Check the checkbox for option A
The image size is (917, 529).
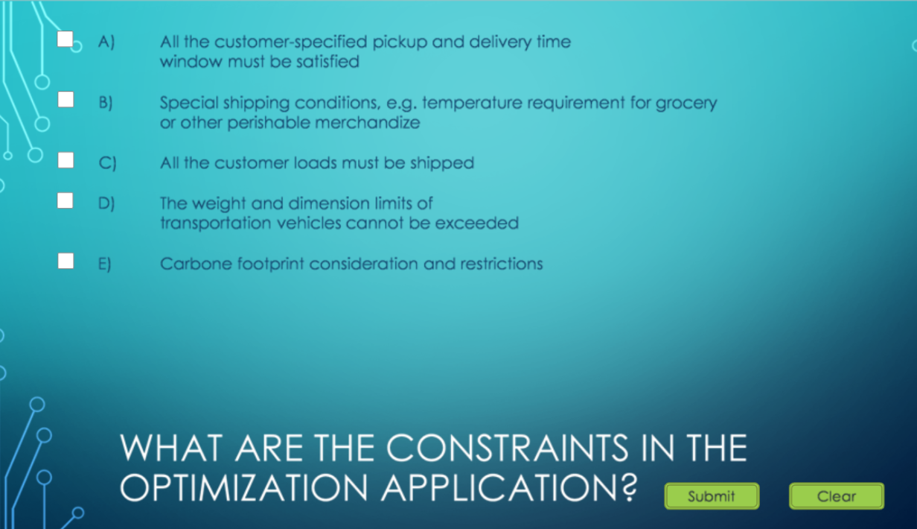click(x=65, y=39)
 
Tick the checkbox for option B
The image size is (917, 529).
click(x=66, y=99)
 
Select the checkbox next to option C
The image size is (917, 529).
click(x=66, y=160)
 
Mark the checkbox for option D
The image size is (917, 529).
click(x=65, y=200)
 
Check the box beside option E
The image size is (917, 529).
click(x=66, y=261)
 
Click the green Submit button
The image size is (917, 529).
click(x=712, y=496)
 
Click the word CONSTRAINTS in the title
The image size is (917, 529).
click(x=506, y=449)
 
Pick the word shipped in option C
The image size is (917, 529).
click(x=444, y=162)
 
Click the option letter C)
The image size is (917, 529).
click(x=105, y=162)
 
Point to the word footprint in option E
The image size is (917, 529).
click(x=271, y=264)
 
